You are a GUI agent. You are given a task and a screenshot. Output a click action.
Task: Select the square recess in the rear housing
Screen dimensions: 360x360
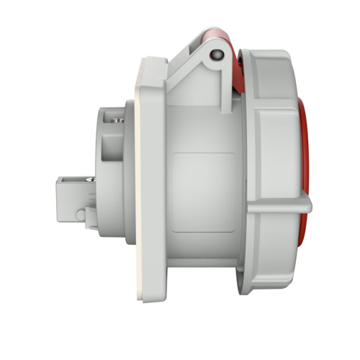pos(112,144)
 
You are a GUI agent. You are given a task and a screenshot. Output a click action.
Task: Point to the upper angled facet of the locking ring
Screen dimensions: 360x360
pos(272,79)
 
